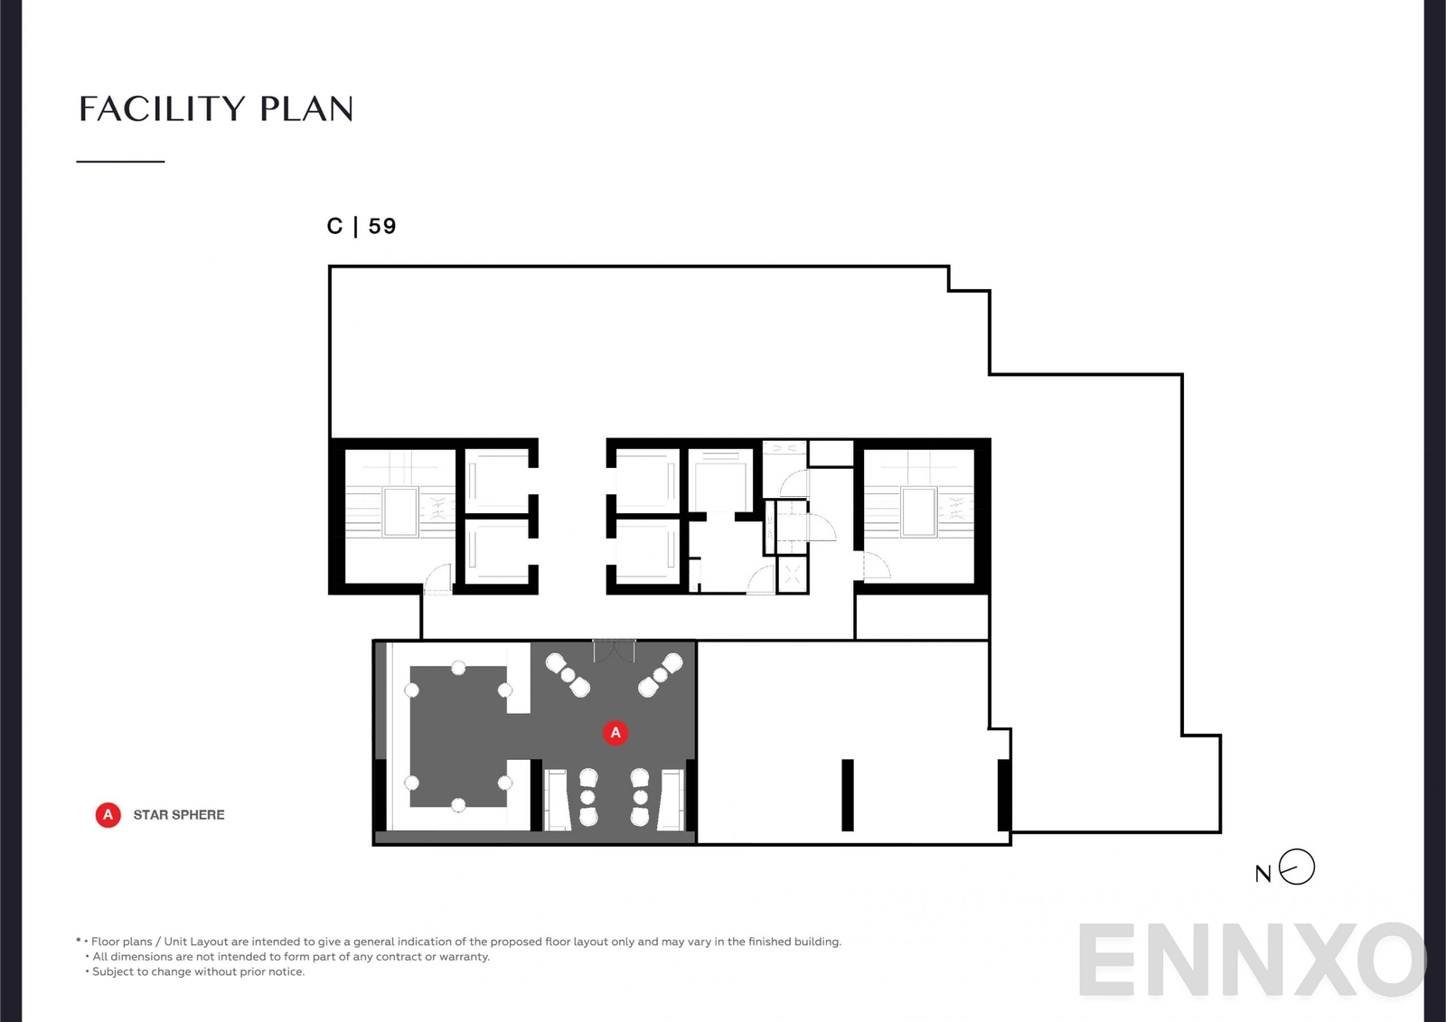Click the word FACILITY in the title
pyautogui.click(x=162, y=109)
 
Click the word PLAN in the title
pyautogui.click(x=306, y=109)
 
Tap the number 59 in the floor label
pyautogui.click(x=382, y=226)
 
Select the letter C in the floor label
pyautogui.click(x=334, y=226)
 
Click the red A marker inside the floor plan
pyautogui.click(x=615, y=733)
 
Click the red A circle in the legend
pyautogui.click(x=108, y=815)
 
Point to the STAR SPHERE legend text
pyautogui.click(x=179, y=815)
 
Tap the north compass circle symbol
pyautogui.click(x=1297, y=867)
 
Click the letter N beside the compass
pyautogui.click(x=1263, y=874)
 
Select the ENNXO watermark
pyautogui.click(x=1252, y=960)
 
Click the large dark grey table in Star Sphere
pyautogui.click(x=457, y=736)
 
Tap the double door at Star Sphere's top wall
pyautogui.click(x=614, y=650)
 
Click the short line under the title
pyautogui.click(x=120, y=162)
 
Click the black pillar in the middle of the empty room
pyautogui.click(x=848, y=795)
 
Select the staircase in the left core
pyautogui.click(x=400, y=512)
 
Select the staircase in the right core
pyautogui.click(x=918, y=512)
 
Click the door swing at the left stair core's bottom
pyautogui.click(x=438, y=578)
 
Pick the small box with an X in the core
pyautogui.click(x=793, y=576)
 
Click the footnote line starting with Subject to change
pyautogui.click(x=198, y=971)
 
